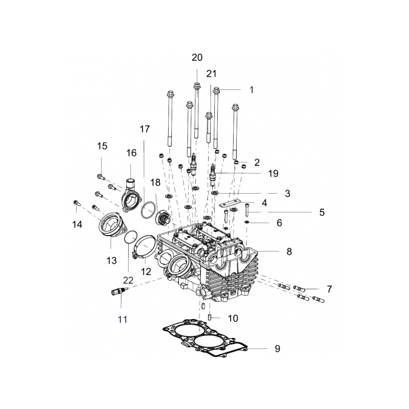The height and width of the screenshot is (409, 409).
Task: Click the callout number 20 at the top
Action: coord(197,57)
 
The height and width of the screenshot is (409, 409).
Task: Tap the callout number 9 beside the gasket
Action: coord(277,349)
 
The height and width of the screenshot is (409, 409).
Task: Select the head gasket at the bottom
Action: coord(205,338)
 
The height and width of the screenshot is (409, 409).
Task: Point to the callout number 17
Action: coord(145,129)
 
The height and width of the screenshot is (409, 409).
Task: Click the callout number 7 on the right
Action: coord(329,289)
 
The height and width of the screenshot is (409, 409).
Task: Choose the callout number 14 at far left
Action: coord(77,224)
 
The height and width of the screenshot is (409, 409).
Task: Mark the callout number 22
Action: coord(128,280)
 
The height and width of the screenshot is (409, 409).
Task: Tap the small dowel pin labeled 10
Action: coord(210,317)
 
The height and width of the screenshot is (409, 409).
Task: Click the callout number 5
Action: coord(322,212)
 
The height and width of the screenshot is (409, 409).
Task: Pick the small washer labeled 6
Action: coord(246,222)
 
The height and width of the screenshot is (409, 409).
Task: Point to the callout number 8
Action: coord(289,252)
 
